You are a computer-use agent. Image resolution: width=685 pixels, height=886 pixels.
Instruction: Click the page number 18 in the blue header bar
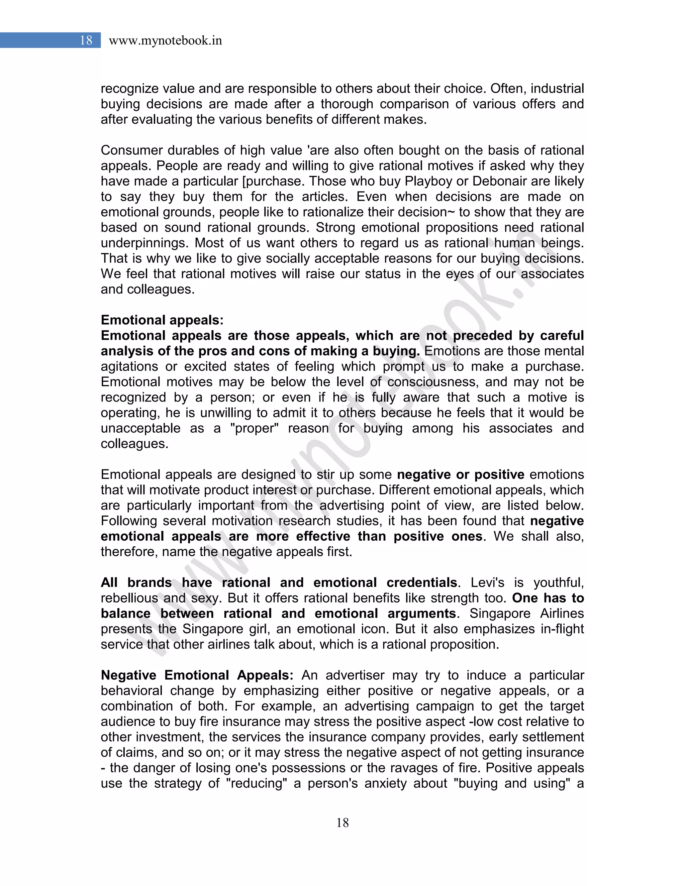pyautogui.click(x=86, y=40)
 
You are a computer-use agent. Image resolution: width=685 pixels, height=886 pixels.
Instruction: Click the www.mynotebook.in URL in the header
pyautogui.click(x=165, y=40)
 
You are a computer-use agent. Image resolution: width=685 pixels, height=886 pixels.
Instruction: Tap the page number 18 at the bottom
pyautogui.click(x=342, y=822)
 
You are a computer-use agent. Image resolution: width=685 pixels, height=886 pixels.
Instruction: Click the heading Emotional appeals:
pyautogui.click(x=162, y=320)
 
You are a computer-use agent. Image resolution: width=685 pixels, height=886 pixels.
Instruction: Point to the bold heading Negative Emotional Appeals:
pyautogui.click(x=197, y=675)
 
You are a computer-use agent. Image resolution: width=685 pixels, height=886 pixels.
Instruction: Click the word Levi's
pyautogui.click(x=487, y=582)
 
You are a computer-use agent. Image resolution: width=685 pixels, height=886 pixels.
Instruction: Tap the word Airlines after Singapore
pyautogui.click(x=562, y=614)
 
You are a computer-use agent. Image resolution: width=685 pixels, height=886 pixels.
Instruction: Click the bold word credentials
pyautogui.click(x=422, y=582)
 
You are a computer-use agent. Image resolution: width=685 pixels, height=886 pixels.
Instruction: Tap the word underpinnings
pyautogui.click(x=145, y=243)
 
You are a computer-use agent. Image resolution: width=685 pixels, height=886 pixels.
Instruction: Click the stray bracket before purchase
pyautogui.click(x=243, y=181)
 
